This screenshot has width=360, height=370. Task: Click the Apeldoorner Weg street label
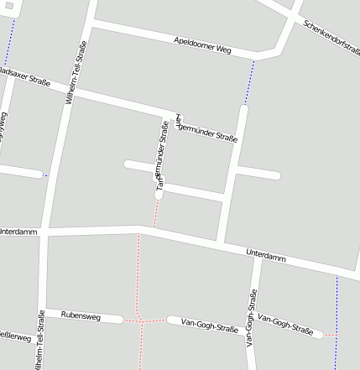pos(202,45)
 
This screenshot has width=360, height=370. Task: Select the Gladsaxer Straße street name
pos(24,77)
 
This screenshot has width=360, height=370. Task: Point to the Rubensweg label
pos(81,316)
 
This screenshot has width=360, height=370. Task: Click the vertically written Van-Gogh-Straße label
pos(250,319)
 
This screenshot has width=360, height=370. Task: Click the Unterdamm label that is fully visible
pos(266,256)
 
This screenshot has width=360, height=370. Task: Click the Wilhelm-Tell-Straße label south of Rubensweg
pos(40,340)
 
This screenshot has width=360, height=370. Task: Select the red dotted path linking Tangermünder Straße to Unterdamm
pos(155,213)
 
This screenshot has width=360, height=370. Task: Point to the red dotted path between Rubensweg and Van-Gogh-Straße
pos(144,320)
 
